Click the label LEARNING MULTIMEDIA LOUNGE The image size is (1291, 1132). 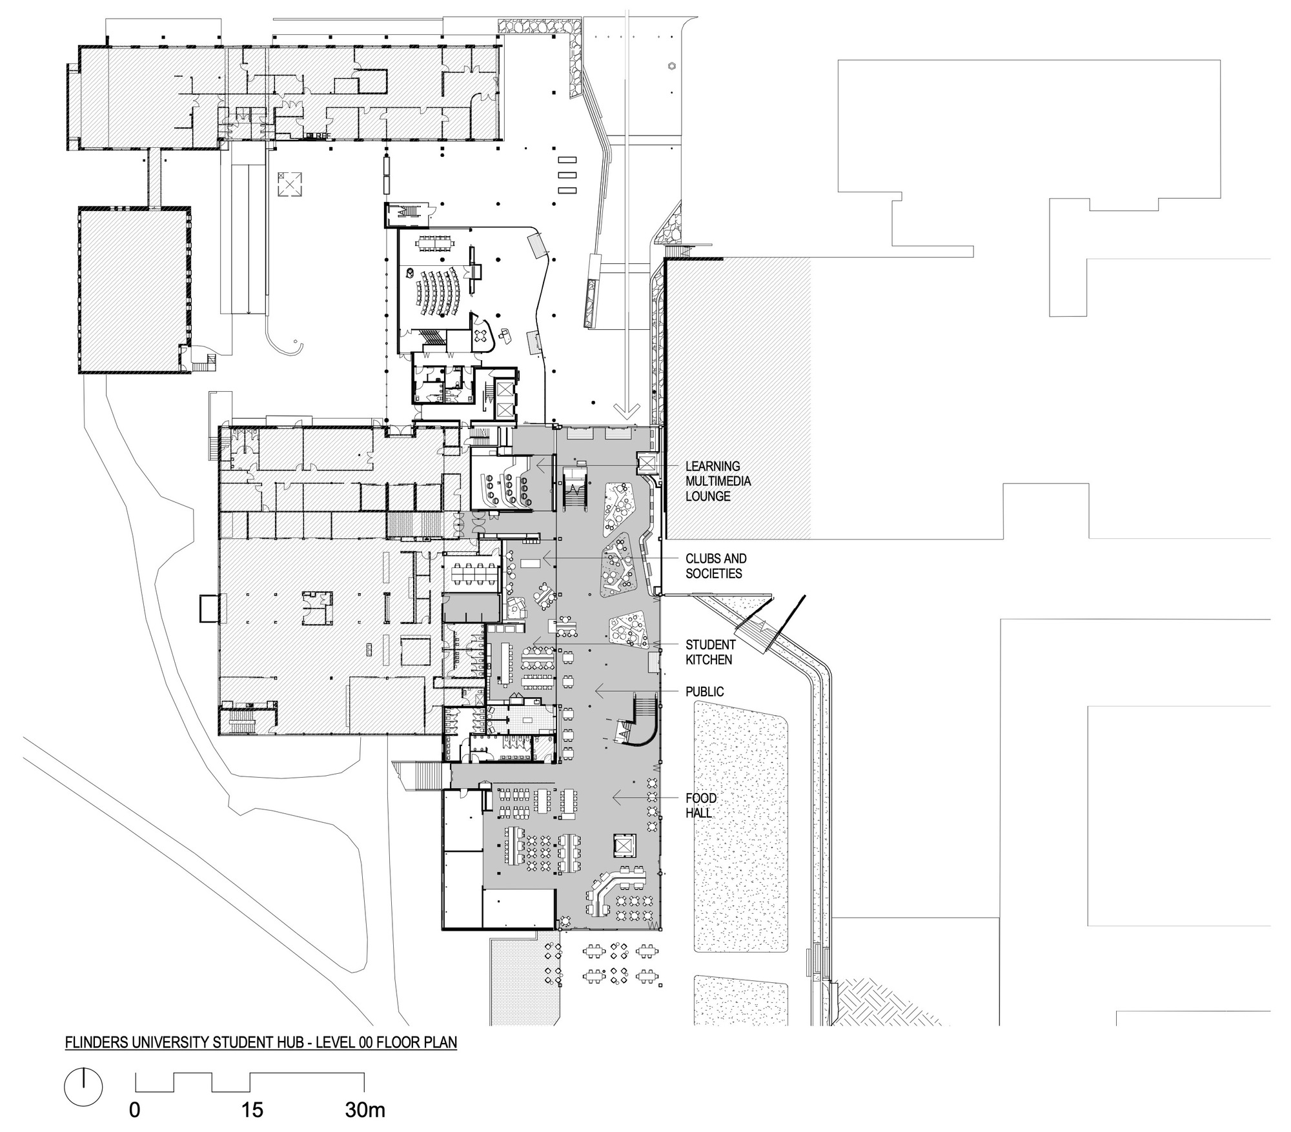coord(717,481)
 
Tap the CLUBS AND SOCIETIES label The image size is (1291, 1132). coord(716,566)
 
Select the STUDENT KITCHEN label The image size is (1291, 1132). coord(710,652)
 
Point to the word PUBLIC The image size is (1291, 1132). coord(704,692)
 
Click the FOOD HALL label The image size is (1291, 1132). coord(701,805)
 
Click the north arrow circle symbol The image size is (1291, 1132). coord(83,1087)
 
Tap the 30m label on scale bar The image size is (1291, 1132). coord(365,1110)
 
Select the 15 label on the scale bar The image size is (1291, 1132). coord(252,1110)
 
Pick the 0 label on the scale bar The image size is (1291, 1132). coord(135,1110)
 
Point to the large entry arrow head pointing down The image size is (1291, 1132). coord(626,410)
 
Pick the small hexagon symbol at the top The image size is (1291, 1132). coord(671,66)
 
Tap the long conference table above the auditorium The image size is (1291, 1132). coord(436,243)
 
